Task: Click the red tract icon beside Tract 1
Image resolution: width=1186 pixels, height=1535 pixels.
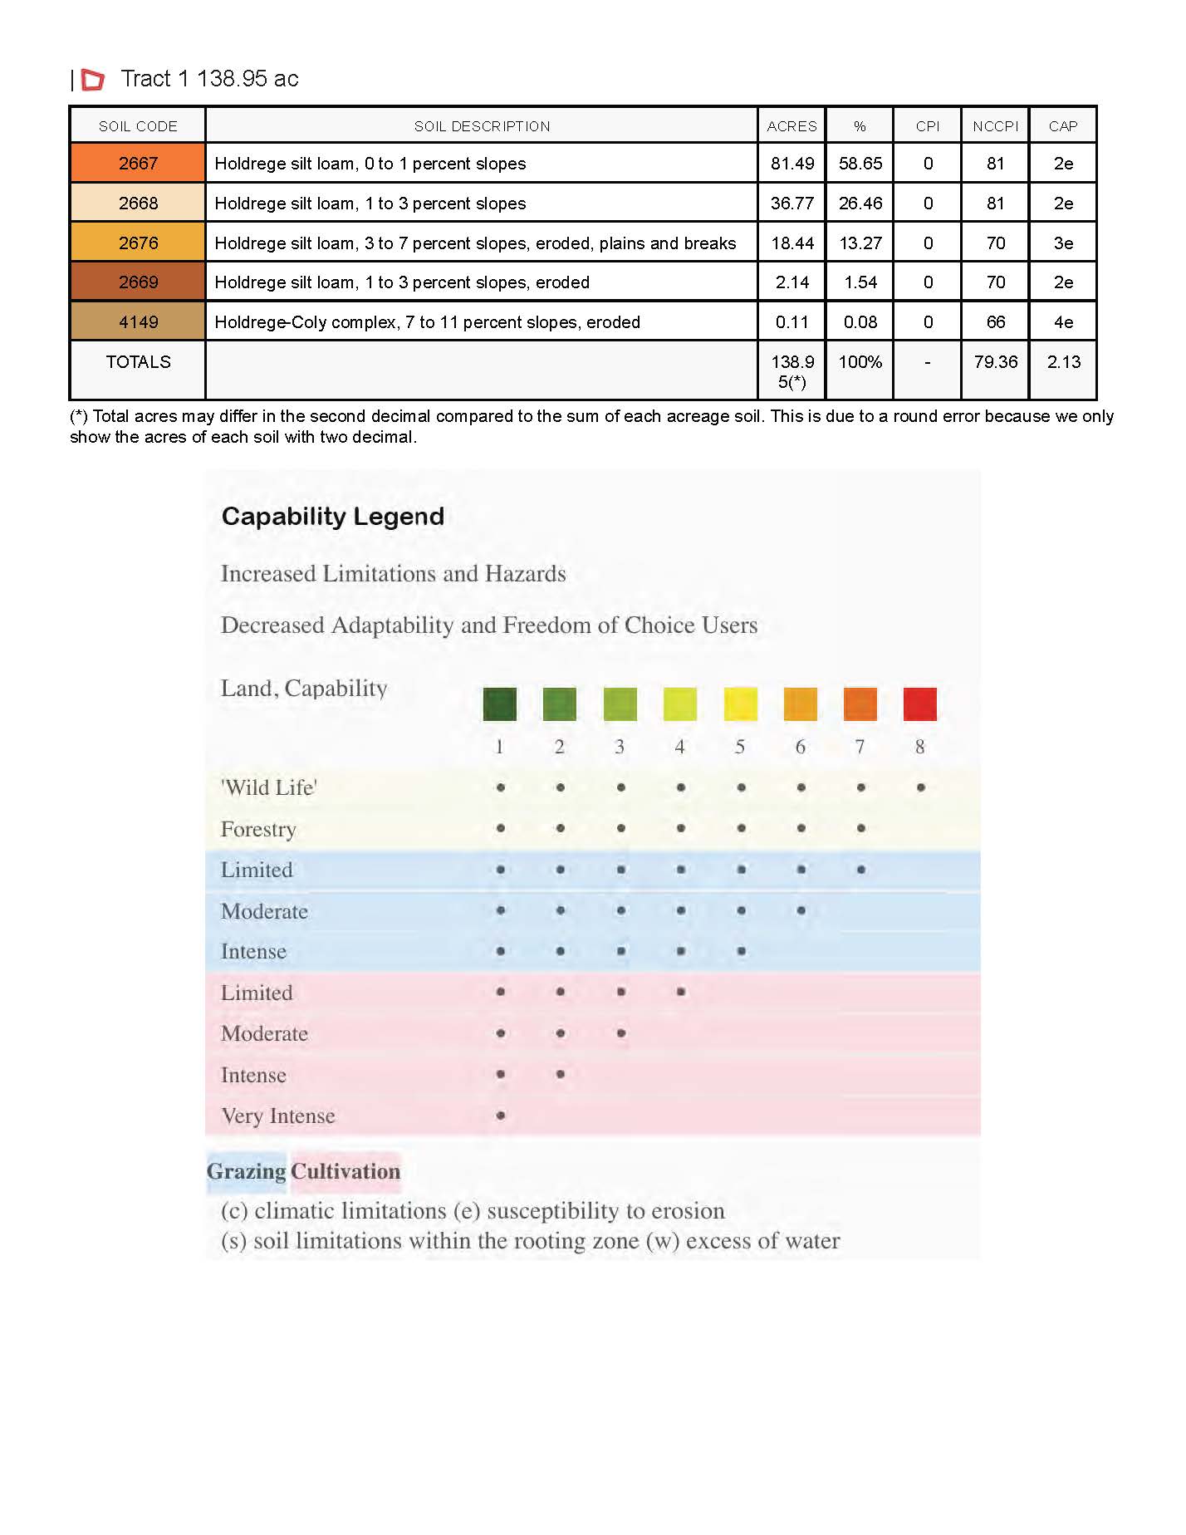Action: coord(93,80)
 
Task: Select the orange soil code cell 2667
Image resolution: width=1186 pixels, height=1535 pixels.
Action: coord(138,164)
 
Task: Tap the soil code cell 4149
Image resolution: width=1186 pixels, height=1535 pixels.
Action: coord(138,322)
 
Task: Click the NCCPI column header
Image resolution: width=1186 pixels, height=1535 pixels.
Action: coord(995,126)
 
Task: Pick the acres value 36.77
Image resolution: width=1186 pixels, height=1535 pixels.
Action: coord(791,204)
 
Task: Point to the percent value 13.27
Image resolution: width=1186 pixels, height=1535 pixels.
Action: coord(860,243)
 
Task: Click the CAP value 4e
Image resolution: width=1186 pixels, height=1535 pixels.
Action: coord(1063,322)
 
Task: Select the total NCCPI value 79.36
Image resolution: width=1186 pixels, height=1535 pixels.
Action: coord(995,362)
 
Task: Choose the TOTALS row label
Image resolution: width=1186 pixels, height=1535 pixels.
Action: coord(138,362)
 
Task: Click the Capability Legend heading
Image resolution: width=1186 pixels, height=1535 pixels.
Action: coord(332,517)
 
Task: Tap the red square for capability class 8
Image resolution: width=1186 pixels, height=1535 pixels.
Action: coord(919,704)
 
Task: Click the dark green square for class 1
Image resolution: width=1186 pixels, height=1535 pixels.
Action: coord(500,704)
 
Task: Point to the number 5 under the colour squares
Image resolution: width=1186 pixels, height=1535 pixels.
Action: coord(740,747)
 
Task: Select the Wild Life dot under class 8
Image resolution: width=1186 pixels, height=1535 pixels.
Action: coord(920,787)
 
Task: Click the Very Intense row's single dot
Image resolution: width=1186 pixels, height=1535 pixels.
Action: coord(501,1116)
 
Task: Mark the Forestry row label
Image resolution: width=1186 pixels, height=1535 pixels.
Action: coord(258,829)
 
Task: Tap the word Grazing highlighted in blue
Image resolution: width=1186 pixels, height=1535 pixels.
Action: coord(247,1171)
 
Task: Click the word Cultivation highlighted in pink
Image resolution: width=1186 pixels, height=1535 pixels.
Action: coord(346,1171)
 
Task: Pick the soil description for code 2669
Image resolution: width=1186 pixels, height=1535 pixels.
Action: coord(402,282)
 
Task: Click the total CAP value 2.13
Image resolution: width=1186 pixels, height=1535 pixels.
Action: coord(1063,362)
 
